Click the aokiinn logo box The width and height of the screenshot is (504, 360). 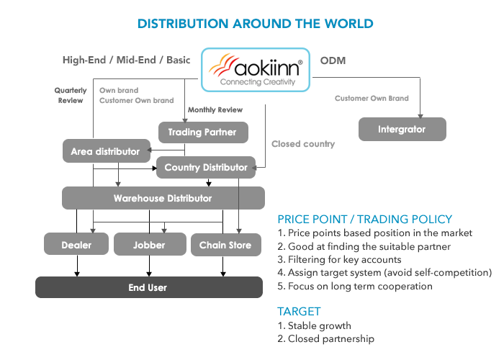tap(256, 70)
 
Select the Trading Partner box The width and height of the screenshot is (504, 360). tap(203, 132)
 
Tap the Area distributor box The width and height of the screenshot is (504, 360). tap(107, 150)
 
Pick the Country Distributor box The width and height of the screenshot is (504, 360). tap(206, 167)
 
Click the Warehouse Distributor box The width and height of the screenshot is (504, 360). tap(163, 198)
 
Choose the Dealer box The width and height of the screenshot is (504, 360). tap(76, 245)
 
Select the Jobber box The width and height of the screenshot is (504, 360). tap(150, 245)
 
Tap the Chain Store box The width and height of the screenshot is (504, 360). tap(226, 245)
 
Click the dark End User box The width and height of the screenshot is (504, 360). tap(149, 287)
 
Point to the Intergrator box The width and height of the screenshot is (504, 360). tap(402, 129)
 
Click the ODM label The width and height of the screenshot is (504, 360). tap(333, 60)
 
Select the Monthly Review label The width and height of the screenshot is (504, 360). tap(215, 110)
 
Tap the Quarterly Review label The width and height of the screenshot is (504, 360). tap(71, 96)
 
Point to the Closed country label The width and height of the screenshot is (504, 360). tap(303, 144)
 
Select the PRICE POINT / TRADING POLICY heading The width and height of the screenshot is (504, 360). tap(365, 219)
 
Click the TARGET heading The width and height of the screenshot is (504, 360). tap(299, 312)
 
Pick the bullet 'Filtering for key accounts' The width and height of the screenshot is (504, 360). tap(339, 259)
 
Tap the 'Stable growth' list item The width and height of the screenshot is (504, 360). tap(315, 325)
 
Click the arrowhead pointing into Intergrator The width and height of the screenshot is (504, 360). tap(420, 116)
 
